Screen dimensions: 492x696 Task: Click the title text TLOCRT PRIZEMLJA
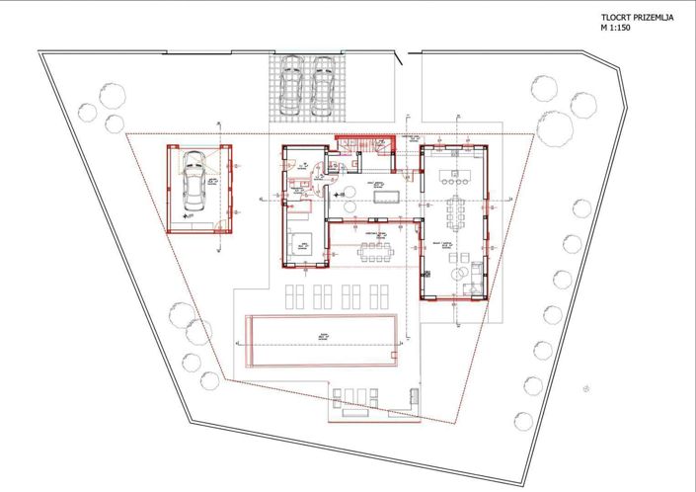[631, 19]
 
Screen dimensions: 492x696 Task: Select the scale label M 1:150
[616, 29]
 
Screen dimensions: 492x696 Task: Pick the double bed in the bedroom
[301, 240]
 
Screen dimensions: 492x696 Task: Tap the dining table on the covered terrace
[375, 250]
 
